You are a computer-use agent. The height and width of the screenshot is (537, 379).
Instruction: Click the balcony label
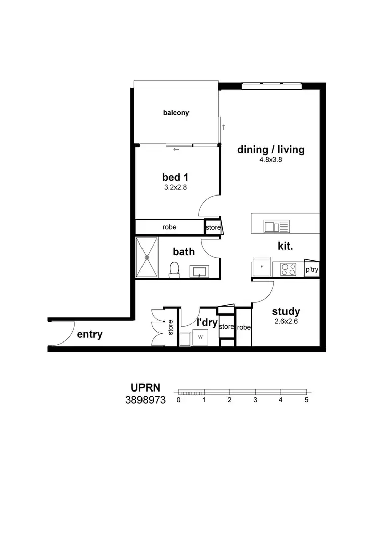tap(176, 113)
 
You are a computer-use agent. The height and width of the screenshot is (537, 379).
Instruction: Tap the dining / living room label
tap(271, 150)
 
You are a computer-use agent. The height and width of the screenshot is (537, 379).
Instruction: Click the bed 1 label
tap(175, 177)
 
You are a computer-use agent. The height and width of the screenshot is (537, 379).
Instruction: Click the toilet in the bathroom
tap(174, 270)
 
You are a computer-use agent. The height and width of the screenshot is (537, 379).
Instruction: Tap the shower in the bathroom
tap(147, 257)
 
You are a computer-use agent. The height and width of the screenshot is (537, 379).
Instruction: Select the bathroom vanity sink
tap(200, 272)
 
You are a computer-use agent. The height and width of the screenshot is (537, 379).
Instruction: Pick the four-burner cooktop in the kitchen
tap(288, 269)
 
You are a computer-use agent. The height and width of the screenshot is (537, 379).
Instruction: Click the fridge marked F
tap(262, 266)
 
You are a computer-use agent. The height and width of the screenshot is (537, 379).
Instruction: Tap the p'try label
tap(312, 270)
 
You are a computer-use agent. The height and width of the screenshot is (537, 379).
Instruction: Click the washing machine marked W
tap(200, 337)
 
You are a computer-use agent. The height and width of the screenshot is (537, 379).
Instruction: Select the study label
tap(286, 311)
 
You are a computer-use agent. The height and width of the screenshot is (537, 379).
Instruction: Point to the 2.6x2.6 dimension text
tap(286, 321)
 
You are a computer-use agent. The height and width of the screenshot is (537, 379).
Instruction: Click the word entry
tap(89, 334)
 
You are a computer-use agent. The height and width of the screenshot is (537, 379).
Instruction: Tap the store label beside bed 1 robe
tap(213, 228)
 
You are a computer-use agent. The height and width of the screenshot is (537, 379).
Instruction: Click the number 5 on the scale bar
tap(306, 400)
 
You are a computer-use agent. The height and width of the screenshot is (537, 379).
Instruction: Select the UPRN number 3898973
tap(146, 400)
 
